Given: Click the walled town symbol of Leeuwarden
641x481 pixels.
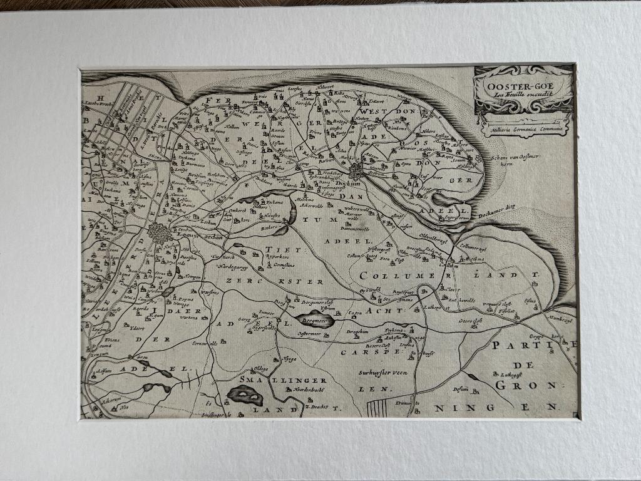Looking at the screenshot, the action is pyautogui.click(x=160, y=234).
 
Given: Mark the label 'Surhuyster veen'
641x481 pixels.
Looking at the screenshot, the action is pyautogui.click(x=383, y=372).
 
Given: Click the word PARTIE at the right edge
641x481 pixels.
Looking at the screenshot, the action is pyautogui.click(x=531, y=345).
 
